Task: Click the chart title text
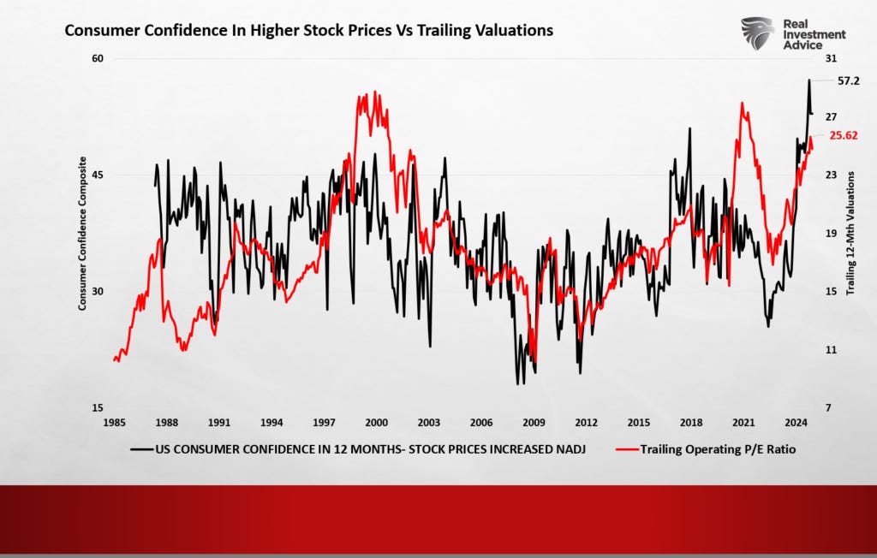point(309,31)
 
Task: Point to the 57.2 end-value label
point(848,80)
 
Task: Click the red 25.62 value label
point(844,135)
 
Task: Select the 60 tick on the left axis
point(97,58)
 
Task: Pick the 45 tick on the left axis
point(97,175)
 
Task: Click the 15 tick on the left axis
point(97,407)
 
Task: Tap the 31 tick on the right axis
point(830,58)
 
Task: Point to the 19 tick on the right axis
point(830,233)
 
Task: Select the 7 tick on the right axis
point(827,407)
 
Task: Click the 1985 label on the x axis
point(115,423)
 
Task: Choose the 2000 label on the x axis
point(376,423)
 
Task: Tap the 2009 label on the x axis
point(534,423)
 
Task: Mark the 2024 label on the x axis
point(795,423)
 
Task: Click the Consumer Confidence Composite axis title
point(83,233)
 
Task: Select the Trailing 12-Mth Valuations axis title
point(851,233)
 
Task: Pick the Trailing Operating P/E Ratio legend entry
point(718,448)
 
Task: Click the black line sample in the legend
point(141,448)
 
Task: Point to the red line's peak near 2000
point(375,92)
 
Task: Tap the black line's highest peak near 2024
point(808,80)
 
